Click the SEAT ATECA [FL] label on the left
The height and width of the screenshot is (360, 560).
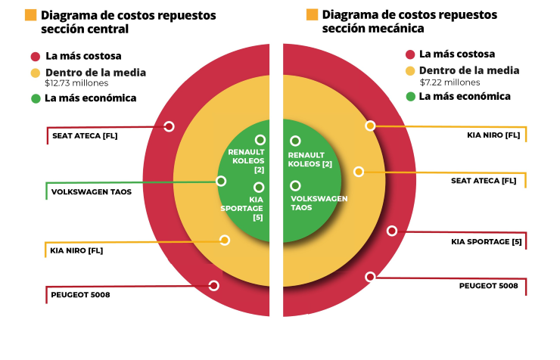85,137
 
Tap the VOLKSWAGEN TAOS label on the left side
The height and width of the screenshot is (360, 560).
92,192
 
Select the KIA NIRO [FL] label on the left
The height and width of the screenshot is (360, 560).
76,250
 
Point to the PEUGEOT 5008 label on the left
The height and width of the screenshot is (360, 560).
80,294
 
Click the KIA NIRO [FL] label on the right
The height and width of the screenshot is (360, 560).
493,135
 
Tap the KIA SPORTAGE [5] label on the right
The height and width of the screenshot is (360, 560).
487,242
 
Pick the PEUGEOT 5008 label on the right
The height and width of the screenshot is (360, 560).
488,286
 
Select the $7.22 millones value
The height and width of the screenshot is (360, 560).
450,82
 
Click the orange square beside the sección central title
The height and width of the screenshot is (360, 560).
31,15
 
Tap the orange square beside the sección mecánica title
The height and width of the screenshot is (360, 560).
312,14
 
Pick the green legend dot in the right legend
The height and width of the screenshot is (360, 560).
410,96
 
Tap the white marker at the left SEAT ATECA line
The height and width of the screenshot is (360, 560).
170,126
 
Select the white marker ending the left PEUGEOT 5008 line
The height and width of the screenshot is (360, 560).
213,285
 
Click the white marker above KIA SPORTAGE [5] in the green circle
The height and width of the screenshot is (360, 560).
259,187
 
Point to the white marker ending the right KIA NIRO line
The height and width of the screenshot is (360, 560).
370,126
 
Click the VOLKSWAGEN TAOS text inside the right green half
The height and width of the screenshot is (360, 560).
319,203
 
